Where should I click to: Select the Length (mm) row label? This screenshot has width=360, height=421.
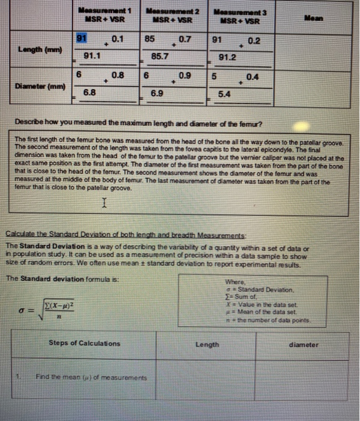(x=37, y=48)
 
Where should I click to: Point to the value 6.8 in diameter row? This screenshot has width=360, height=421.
(x=89, y=93)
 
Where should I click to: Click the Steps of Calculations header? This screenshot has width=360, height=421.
(x=84, y=344)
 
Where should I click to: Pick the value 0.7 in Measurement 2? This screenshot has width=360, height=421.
(x=185, y=40)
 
